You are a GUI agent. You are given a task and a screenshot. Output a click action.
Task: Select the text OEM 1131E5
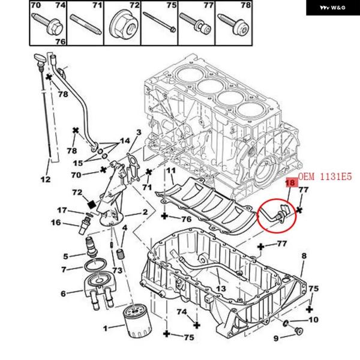pos(324,176)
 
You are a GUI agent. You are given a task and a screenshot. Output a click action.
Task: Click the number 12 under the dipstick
pos(46,179)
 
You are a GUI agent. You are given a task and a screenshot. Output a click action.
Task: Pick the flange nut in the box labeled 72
pos(123,23)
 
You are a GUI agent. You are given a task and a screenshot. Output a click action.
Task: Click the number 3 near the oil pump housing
pos(138,132)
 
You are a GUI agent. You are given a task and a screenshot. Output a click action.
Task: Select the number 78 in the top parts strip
pos(245,5)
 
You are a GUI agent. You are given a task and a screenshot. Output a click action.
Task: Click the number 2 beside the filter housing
pos(145,213)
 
